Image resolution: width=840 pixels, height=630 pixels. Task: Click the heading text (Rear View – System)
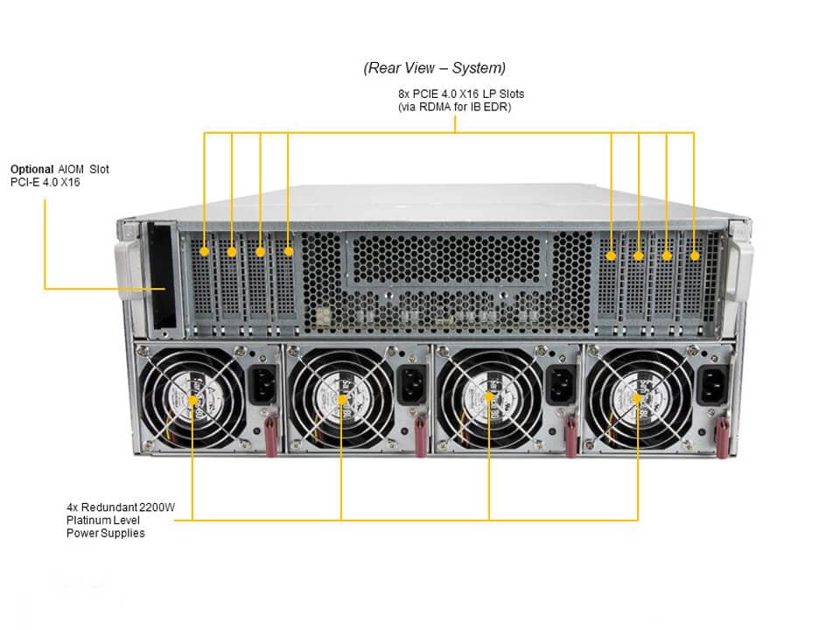(x=435, y=67)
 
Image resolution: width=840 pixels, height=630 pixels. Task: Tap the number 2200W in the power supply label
(x=157, y=507)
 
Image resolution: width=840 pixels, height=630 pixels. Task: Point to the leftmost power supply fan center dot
(x=192, y=401)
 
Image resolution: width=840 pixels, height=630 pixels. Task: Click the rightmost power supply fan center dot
(x=637, y=399)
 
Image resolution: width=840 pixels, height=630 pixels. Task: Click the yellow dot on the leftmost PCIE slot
(x=204, y=252)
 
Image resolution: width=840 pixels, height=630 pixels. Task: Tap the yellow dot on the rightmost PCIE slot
(x=694, y=255)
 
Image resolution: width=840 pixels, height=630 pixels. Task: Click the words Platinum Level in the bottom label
(x=101, y=520)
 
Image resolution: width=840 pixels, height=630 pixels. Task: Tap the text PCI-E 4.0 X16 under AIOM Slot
(x=45, y=182)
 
